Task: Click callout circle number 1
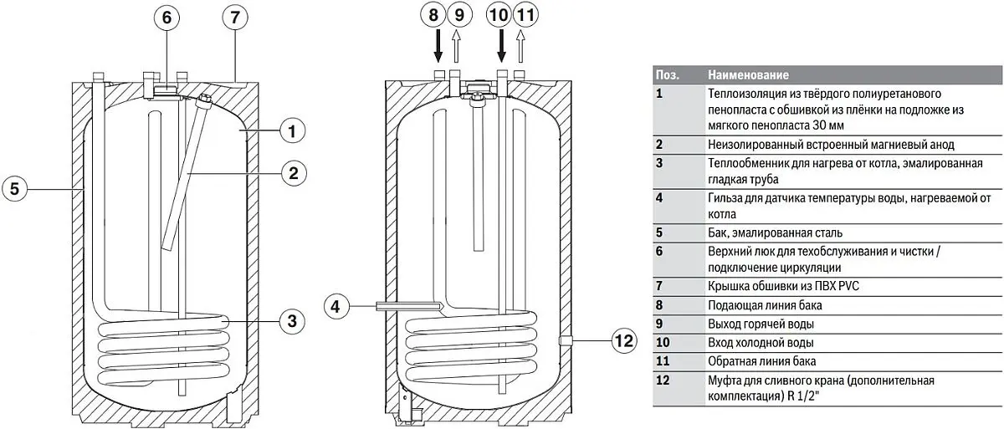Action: tap(291, 130)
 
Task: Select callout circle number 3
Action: tap(291, 319)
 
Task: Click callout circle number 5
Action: tap(14, 189)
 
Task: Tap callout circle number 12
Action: tap(624, 341)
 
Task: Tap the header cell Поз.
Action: tap(667, 74)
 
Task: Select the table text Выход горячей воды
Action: tap(761, 324)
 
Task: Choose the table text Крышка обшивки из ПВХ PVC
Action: tap(771, 287)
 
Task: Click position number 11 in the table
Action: tap(661, 361)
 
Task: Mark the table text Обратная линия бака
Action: tap(763, 361)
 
